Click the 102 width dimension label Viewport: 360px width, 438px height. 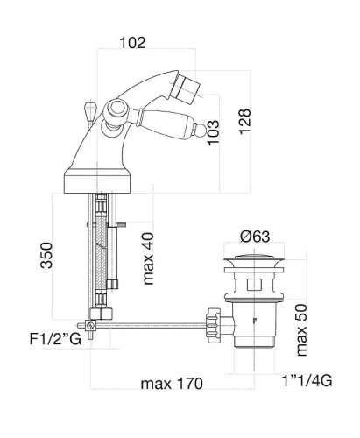click(x=132, y=43)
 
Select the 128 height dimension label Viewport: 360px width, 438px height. click(x=244, y=122)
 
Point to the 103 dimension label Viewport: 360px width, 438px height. click(x=213, y=132)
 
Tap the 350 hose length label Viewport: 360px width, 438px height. click(x=46, y=255)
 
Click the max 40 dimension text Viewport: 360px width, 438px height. click(x=148, y=258)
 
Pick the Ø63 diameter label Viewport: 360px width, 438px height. click(x=255, y=237)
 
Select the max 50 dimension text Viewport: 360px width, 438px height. click(x=301, y=330)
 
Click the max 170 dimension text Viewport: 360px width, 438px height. click(x=172, y=384)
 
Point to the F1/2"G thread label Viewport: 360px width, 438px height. click(x=55, y=339)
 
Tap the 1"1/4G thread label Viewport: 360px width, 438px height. click(x=307, y=381)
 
